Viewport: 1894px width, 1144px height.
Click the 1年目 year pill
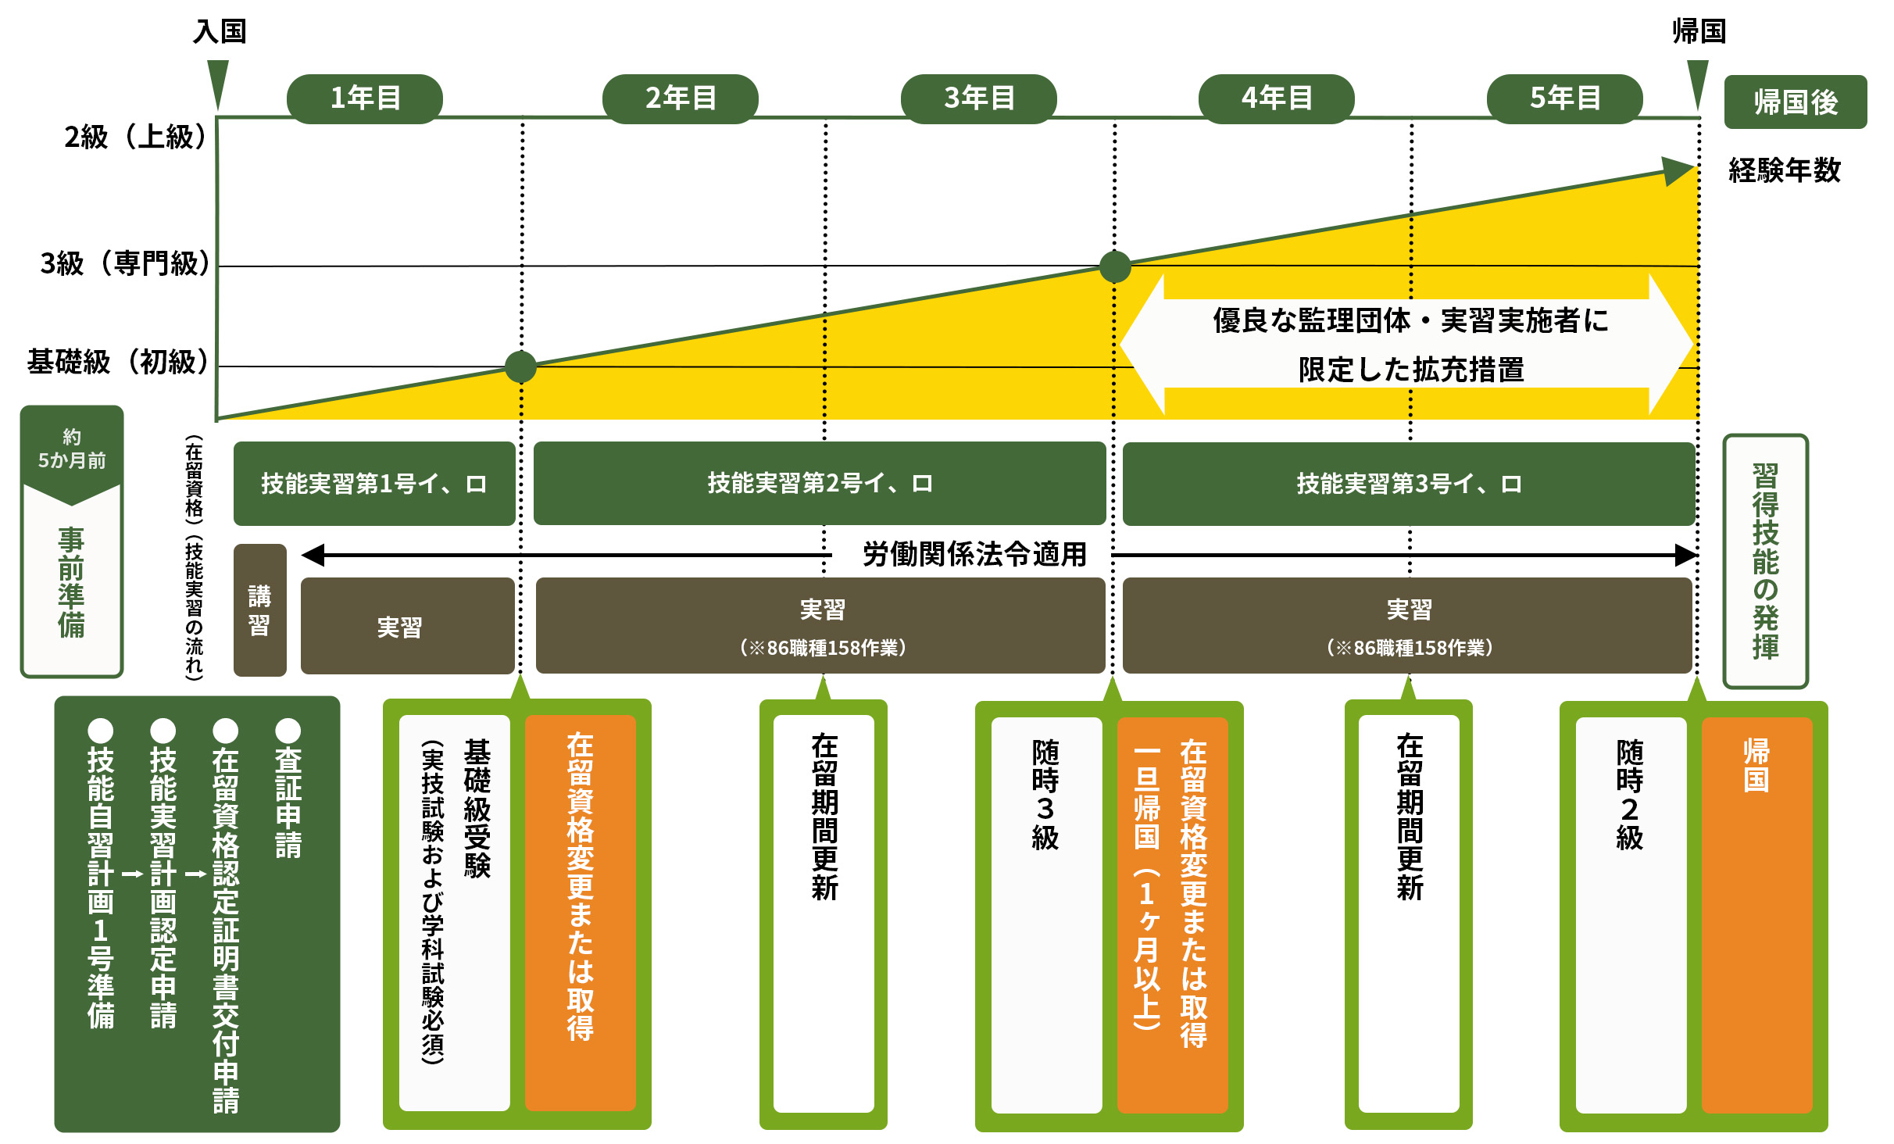click(x=365, y=98)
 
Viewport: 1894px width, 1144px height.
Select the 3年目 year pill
click(x=978, y=98)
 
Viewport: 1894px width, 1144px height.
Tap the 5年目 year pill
click(x=1564, y=98)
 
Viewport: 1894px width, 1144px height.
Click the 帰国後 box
click(x=1795, y=102)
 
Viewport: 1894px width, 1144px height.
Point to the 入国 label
click(x=220, y=31)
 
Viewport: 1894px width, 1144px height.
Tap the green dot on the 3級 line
click(x=1115, y=266)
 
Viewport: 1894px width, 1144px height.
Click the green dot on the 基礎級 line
click(x=520, y=366)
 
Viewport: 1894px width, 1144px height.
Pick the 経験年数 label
click(x=1785, y=170)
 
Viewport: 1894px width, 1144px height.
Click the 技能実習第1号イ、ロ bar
click(x=374, y=484)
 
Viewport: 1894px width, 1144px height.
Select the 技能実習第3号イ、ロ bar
click(x=1408, y=484)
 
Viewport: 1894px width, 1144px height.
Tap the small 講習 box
click(x=259, y=610)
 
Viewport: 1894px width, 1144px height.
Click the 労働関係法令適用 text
click(x=974, y=554)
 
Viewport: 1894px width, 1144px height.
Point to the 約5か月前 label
click(x=72, y=449)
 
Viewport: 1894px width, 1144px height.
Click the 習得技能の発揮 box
click(x=1765, y=561)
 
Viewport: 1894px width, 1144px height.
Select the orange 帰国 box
click(x=1756, y=914)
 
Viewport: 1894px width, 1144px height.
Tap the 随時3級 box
click(x=1045, y=914)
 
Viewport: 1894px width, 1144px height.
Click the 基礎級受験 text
click(x=477, y=809)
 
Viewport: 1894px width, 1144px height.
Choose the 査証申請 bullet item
click(x=288, y=789)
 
